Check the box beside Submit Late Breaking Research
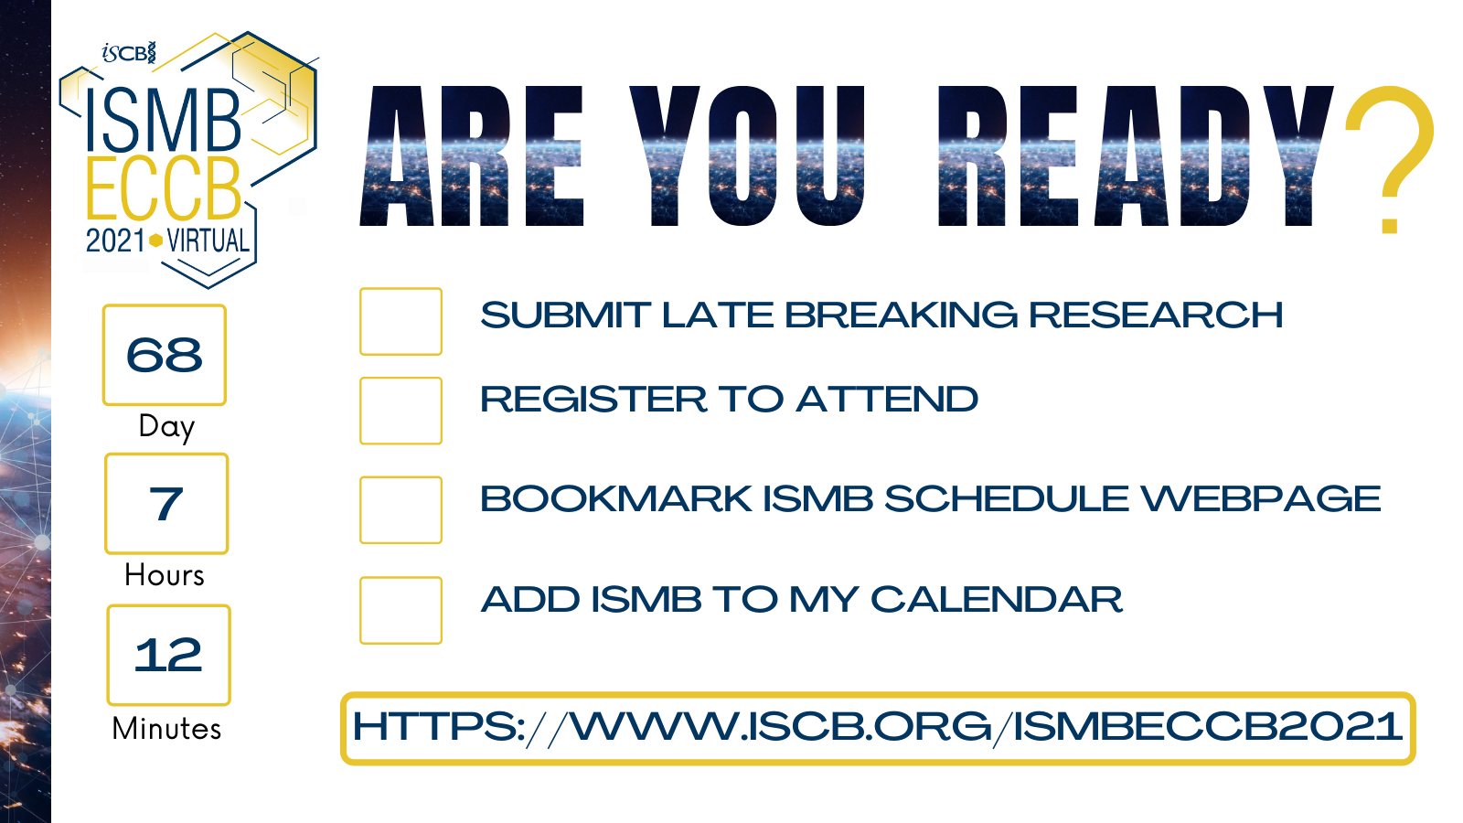point(400,321)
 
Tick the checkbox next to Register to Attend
point(400,411)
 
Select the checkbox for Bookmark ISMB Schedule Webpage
point(400,509)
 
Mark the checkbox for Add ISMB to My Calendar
point(400,610)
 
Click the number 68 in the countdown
point(165,355)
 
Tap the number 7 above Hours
point(166,504)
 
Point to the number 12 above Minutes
point(168,655)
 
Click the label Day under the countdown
point(166,426)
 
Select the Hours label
point(165,575)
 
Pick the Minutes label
point(166,729)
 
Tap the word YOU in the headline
point(747,155)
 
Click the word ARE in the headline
point(473,155)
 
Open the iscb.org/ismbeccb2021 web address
point(878,728)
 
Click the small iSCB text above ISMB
point(129,53)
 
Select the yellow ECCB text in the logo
point(164,189)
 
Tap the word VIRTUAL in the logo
point(208,240)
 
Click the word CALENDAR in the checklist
point(996,600)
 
